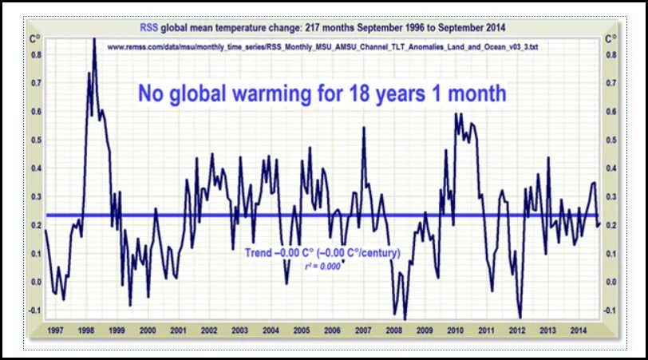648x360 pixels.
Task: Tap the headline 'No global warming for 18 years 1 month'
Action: [322, 93]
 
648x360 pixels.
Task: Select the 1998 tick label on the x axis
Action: [87, 330]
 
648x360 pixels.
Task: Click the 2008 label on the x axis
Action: [393, 330]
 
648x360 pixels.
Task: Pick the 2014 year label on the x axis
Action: [578, 330]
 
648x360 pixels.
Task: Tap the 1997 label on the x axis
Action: [56, 330]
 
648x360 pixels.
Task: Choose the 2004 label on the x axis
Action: [271, 330]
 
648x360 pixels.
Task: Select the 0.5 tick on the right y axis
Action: [611, 140]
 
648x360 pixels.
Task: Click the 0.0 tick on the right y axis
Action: [611, 282]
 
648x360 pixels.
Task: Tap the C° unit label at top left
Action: [36, 38]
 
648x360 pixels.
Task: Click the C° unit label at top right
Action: [611, 38]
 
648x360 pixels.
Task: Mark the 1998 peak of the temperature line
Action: [94, 39]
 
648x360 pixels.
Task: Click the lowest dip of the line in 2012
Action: [520, 317]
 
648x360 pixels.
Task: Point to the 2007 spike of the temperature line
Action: [364, 129]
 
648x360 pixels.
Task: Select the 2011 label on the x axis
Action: [486, 330]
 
